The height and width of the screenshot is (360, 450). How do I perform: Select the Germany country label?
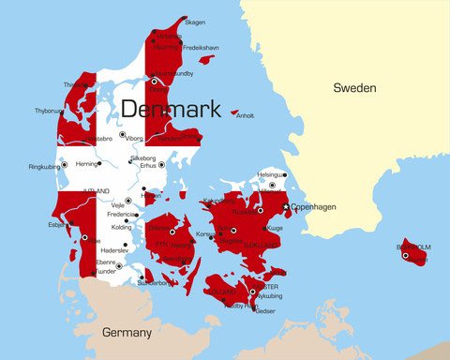pyautogui.click(x=126, y=333)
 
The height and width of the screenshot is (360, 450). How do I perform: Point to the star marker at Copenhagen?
pyautogui.click(x=286, y=207)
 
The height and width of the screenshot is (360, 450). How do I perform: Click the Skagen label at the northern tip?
pyautogui.click(x=195, y=22)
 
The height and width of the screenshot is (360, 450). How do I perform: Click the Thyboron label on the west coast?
pyautogui.click(x=50, y=110)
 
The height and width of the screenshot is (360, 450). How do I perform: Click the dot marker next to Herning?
pyautogui.click(x=103, y=164)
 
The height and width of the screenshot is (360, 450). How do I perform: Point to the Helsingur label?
pyautogui.click(x=271, y=174)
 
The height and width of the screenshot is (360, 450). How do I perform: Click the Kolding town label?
pyautogui.click(x=122, y=227)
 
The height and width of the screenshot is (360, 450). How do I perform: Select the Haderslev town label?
pyautogui.click(x=113, y=250)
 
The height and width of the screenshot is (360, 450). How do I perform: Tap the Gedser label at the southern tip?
pyautogui.click(x=266, y=310)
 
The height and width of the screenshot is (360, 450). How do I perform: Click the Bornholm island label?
pyautogui.click(x=413, y=247)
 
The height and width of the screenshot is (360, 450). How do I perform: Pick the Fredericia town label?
pyautogui.click(x=122, y=215)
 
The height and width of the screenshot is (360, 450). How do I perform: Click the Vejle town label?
pyautogui.click(x=117, y=205)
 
